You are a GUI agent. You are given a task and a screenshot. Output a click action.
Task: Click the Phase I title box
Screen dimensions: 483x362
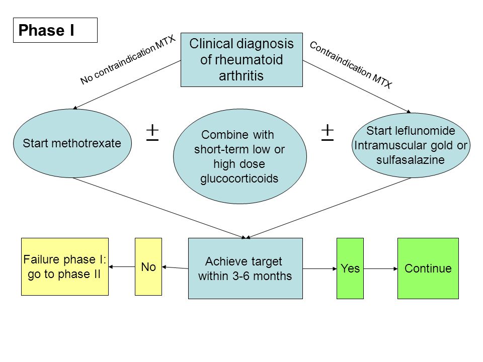pos(55,30)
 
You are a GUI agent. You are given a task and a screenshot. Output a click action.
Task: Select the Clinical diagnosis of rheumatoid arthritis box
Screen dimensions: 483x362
pos(242,60)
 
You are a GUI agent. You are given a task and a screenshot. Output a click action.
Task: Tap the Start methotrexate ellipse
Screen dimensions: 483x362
pos(72,143)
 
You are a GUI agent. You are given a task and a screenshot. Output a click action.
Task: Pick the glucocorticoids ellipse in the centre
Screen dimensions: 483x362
pos(239,156)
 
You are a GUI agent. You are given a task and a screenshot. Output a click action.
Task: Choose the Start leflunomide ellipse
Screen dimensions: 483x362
pos(411,145)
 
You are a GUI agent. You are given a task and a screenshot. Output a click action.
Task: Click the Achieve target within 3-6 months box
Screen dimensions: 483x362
pos(245,268)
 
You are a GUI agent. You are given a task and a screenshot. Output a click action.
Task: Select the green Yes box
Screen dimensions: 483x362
pos(350,268)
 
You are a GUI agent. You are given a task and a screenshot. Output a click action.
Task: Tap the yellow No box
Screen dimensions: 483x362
pos(148,266)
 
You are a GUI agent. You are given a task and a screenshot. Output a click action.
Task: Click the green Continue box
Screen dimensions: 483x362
pos(428,268)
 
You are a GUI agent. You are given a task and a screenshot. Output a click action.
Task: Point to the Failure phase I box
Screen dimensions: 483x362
pos(65,266)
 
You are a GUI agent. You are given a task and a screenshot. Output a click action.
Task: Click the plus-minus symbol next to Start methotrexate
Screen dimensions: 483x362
pos(152,133)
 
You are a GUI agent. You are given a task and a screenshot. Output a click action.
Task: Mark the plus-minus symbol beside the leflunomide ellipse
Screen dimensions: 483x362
pos(328,133)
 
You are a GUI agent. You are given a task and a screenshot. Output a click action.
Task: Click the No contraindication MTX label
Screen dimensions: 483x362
pos(128,59)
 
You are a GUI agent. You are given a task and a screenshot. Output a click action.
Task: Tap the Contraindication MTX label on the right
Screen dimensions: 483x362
pos(351,65)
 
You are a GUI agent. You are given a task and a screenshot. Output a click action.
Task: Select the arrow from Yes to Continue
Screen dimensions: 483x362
pos(381,268)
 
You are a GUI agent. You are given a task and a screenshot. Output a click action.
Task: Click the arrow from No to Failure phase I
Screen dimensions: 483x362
pos(122,266)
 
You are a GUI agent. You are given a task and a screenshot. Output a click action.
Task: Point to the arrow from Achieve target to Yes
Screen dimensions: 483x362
pos(320,268)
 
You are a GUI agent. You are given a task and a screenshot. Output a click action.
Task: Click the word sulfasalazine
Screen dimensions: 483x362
pos(411,160)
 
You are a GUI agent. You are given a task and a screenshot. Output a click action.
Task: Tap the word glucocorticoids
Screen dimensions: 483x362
pos(239,178)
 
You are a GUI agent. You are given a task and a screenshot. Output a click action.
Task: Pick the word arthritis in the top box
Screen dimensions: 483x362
pos(241,76)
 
